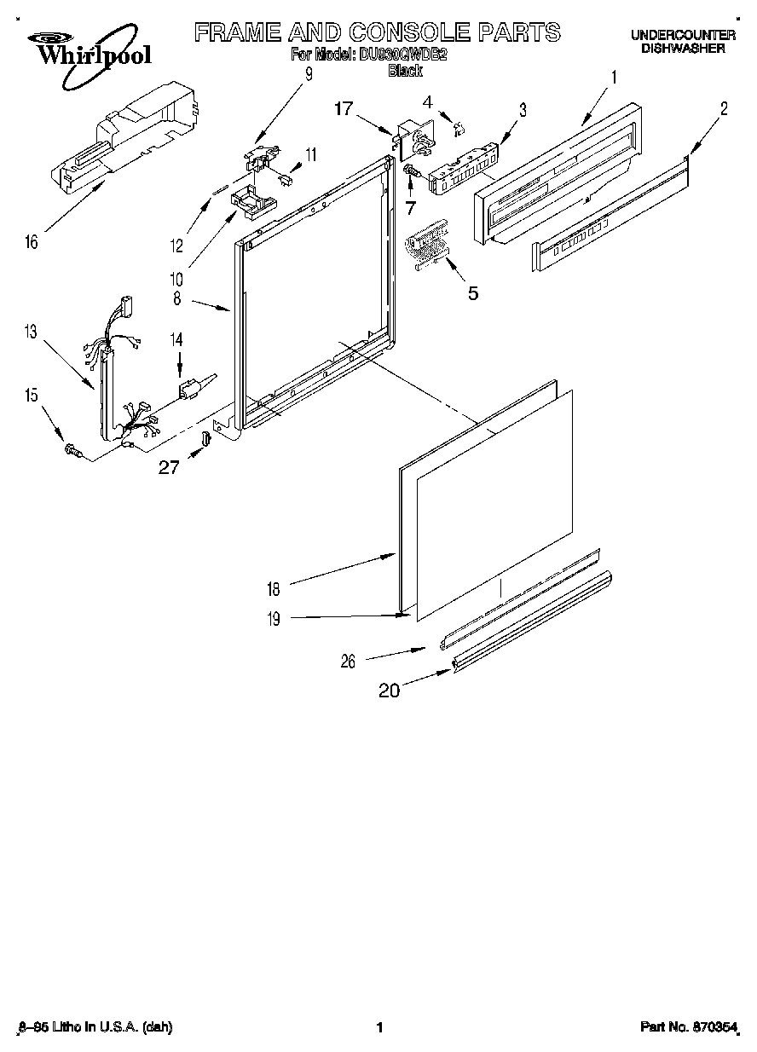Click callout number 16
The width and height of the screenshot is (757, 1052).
pos(32,242)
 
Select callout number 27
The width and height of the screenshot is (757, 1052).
pos(169,466)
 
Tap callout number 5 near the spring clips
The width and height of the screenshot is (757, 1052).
pos(471,293)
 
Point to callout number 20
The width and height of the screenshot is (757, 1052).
pos(389,691)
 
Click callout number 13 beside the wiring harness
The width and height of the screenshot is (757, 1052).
pos(31,332)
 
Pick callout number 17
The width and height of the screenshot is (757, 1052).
pos(344,108)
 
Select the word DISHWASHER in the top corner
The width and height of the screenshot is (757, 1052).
pos(683,49)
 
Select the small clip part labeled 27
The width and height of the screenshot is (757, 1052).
pos(206,438)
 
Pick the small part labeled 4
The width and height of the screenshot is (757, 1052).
pos(458,128)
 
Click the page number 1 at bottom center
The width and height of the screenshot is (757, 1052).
pos(378,1028)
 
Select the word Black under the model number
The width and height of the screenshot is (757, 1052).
pos(405,72)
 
